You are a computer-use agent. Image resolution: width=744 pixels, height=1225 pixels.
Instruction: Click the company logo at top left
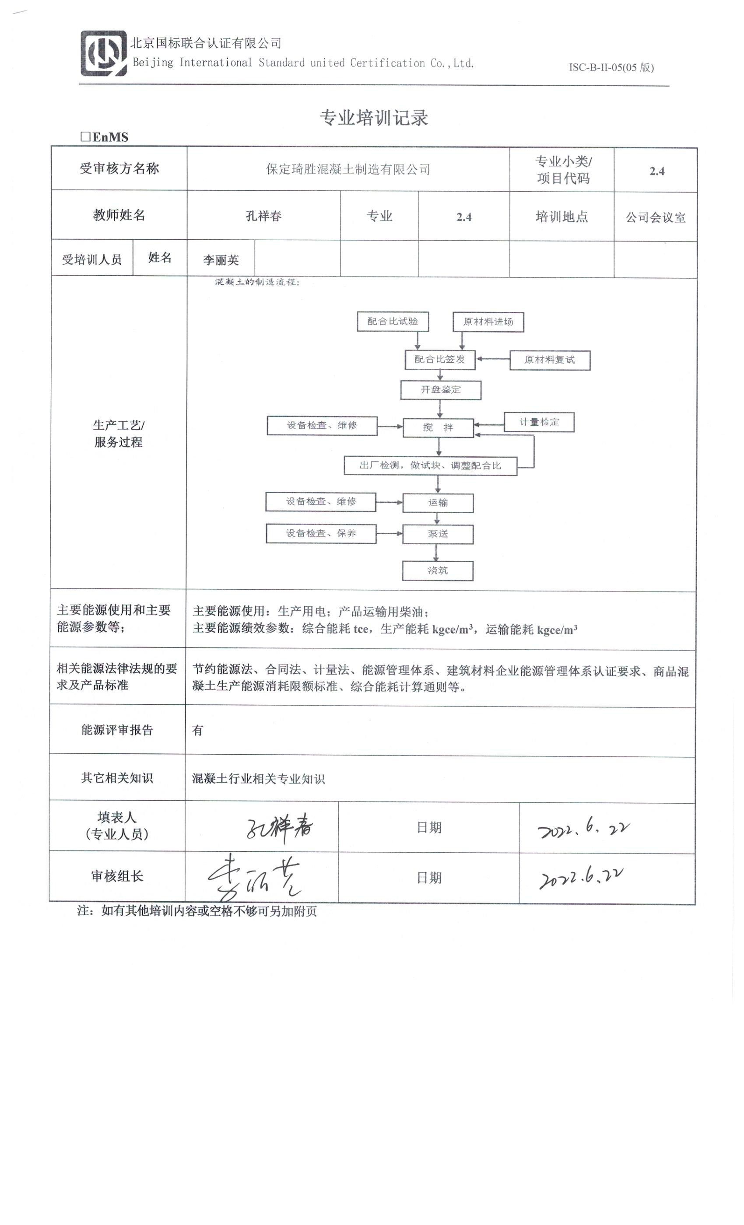[x=103, y=53]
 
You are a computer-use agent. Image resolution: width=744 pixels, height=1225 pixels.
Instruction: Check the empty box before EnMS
[x=85, y=136]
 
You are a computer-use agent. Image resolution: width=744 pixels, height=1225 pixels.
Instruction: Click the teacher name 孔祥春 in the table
[x=263, y=216]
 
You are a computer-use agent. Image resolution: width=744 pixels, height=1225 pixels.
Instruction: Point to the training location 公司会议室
[x=655, y=217]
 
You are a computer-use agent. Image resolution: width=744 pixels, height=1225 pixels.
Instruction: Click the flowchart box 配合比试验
[x=393, y=322]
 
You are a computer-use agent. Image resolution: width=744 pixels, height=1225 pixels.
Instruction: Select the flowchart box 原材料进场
[x=488, y=322]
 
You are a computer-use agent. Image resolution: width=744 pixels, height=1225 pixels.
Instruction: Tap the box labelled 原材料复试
[x=550, y=360]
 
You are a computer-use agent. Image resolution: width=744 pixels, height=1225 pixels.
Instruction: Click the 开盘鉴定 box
[x=440, y=390]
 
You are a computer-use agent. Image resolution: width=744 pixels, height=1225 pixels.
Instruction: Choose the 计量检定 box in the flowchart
[x=539, y=422]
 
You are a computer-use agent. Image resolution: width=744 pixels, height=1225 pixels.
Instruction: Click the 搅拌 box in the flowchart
[x=438, y=427]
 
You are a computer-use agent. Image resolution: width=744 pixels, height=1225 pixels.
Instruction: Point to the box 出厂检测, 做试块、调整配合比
[x=430, y=466]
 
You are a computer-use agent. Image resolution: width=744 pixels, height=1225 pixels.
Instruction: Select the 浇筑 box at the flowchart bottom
[x=437, y=571]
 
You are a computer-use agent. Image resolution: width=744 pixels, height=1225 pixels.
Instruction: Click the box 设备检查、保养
[x=321, y=533]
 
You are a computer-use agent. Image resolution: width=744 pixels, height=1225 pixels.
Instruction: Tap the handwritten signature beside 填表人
[x=279, y=828]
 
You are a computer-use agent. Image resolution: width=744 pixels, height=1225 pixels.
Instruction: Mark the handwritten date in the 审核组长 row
[x=581, y=878]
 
